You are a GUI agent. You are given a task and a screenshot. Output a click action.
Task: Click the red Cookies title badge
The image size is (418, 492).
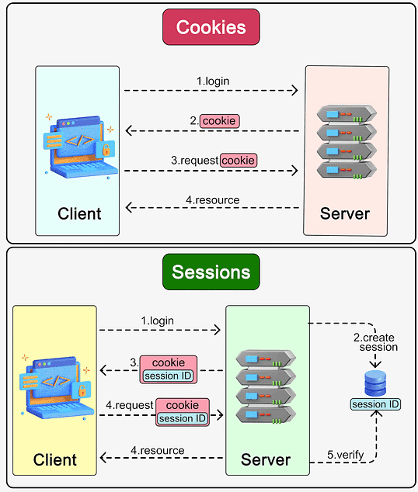(x=211, y=27)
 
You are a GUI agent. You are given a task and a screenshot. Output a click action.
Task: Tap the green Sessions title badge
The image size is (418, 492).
(x=211, y=272)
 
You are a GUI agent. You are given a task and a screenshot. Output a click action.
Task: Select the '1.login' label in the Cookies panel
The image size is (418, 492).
(x=213, y=81)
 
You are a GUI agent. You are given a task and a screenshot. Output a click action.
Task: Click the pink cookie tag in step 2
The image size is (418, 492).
(x=220, y=121)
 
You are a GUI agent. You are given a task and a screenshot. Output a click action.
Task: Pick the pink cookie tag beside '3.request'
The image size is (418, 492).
(x=239, y=161)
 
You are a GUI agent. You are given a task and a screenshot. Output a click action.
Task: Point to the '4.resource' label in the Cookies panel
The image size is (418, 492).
(x=213, y=200)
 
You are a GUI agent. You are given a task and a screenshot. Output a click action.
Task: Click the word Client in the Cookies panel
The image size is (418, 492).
(x=79, y=213)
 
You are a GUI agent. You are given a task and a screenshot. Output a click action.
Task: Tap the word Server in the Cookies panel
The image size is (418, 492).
(x=345, y=213)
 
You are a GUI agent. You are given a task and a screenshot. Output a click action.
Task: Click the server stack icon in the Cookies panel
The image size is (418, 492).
(x=347, y=142)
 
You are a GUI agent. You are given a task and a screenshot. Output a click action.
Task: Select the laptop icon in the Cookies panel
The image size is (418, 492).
(x=80, y=146)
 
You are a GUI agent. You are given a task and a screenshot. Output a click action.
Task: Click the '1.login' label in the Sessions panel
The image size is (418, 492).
(x=158, y=321)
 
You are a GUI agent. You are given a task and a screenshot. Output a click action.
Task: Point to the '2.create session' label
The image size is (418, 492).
(x=375, y=342)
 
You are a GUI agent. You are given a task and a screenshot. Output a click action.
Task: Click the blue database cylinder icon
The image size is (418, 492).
(x=375, y=383)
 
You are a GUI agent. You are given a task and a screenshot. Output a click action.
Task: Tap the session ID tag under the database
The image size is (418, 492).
(x=375, y=404)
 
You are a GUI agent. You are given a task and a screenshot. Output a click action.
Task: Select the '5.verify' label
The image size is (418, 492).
(x=346, y=455)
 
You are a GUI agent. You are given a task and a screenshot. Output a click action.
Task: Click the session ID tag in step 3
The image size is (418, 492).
(x=168, y=376)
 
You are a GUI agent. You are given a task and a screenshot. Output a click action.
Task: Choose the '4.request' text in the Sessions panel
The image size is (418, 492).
(x=130, y=405)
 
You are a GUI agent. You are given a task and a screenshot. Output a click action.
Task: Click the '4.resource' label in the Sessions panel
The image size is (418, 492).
(x=158, y=451)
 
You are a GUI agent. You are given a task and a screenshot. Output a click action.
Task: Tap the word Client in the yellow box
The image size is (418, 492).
(x=55, y=459)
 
